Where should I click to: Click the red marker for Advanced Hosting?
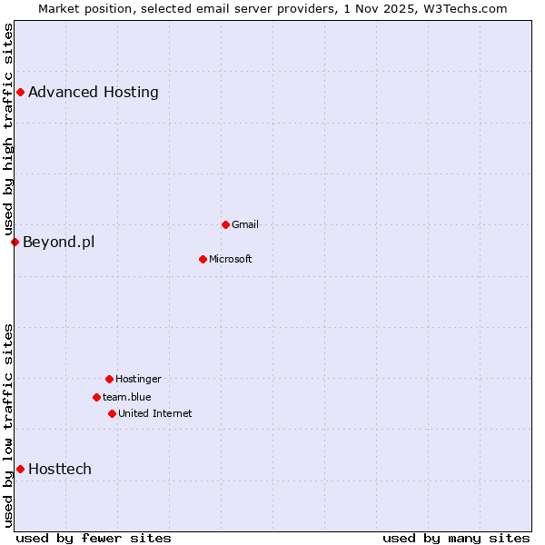pyautogui.click(x=20, y=92)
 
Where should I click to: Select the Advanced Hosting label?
pyautogui.click(x=94, y=92)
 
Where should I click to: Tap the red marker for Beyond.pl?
pyautogui.click(x=15, y=242)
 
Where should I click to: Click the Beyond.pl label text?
pyautogui.click(x=58, y=242)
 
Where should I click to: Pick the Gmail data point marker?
pyautogui.click(x=225, y=224)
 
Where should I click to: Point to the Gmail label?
pyautogui.click(x=245, y=224)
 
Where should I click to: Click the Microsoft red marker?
pyautogui.click(x=203, y=259)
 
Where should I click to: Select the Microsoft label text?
pyautogui.click(x=231, y=259)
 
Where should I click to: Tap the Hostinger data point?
pyautogui.click(x=109, y=379)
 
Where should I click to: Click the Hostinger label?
pyautogui.click(x=138, y=379)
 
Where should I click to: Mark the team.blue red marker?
pyautogui.click(x=96, y=397)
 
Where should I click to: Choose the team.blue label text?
pyautogui.click(x=127, y=397)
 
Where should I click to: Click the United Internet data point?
pyautogui.click(x=112, y=413)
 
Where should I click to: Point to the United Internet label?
pyautogui.click(x=155, y=413)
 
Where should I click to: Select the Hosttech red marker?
pyautogui.click(x=20, y=469)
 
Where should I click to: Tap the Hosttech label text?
pyautogui.click(x=60, y=469)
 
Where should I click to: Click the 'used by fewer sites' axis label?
pyautogui.click(x=94, y=538)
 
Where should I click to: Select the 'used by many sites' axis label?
pyautogui.click(x=456, y=538)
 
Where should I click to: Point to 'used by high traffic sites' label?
pyautogui.click(x=8, y=130)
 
